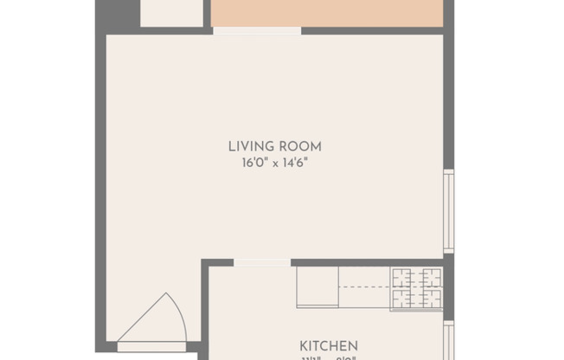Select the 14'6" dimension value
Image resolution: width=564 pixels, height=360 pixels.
tap(292, 162)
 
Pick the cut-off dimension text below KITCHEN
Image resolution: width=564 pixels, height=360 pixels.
tap(329, 357)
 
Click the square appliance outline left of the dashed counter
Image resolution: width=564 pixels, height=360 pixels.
tap(317, 286)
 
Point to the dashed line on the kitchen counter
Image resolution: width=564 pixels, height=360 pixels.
tap(364, 287)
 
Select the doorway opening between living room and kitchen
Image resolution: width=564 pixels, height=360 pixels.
tap(262, 262)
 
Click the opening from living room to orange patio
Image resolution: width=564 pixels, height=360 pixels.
tap(257, 31)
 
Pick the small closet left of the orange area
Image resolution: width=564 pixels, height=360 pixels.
tap(171, 12)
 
